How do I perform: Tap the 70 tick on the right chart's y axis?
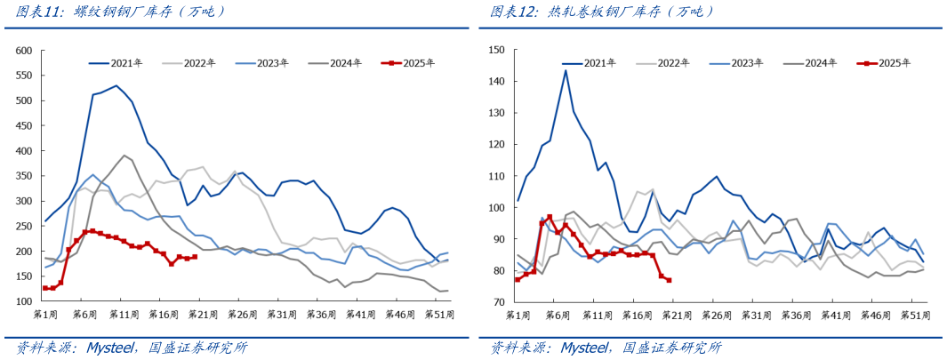click(x=499, y=302)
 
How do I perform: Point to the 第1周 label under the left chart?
click(x=45, y=315)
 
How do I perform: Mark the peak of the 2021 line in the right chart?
click(x=566, y=70)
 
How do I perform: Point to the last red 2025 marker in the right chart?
click(x=669, y=281)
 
